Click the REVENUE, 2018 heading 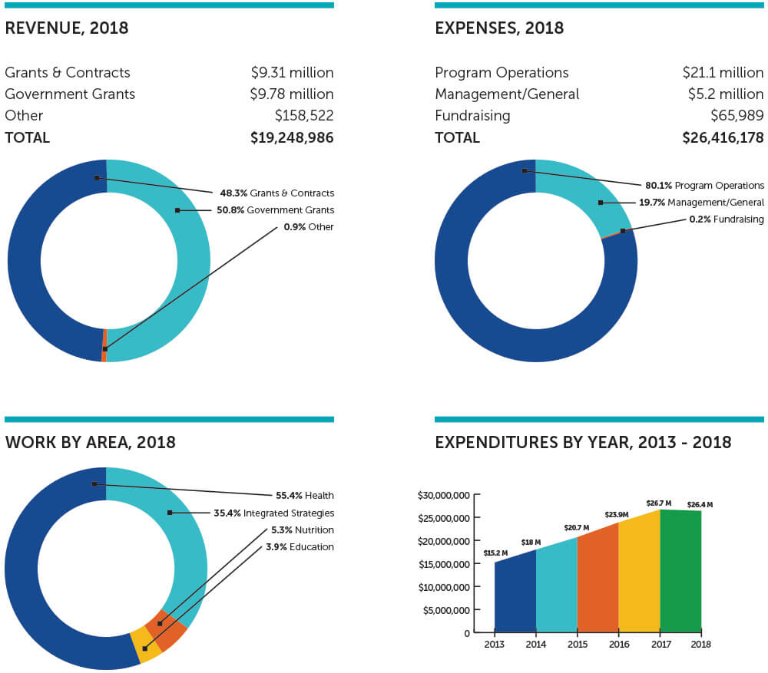[66, 28]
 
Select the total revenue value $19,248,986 [292, 138]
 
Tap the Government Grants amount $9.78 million [292, 94]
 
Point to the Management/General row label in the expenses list [507, 94]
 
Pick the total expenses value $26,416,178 [723, 138]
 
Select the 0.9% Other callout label [309, 227]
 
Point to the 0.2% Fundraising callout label [726, 219]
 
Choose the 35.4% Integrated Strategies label [273, 513]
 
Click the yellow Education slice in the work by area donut [146, 645]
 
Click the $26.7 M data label [658, 503]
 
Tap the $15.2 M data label [495, 553]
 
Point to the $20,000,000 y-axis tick [445, 541]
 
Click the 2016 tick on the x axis [618, 645]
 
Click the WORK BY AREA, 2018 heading [90, 443]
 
